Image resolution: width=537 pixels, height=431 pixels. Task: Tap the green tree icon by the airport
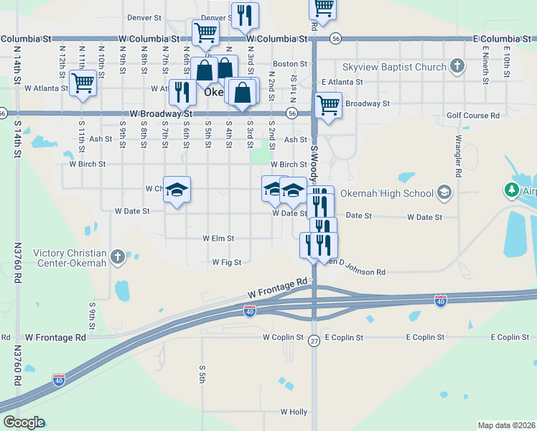coord(511,190)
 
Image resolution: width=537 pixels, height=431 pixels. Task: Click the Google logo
coord(24,422)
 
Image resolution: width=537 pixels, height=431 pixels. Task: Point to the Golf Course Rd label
coord(472,116)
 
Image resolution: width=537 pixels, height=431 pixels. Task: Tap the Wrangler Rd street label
coord(457,156)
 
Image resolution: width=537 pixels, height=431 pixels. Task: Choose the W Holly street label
coord(294,412)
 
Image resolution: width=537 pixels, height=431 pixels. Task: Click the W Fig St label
coord(227,263)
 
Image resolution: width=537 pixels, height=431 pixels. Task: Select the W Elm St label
coord(218,238)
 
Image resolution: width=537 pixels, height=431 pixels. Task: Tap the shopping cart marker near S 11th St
coord(83,83)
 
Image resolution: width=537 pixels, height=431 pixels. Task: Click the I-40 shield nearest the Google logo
coord(60,378)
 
